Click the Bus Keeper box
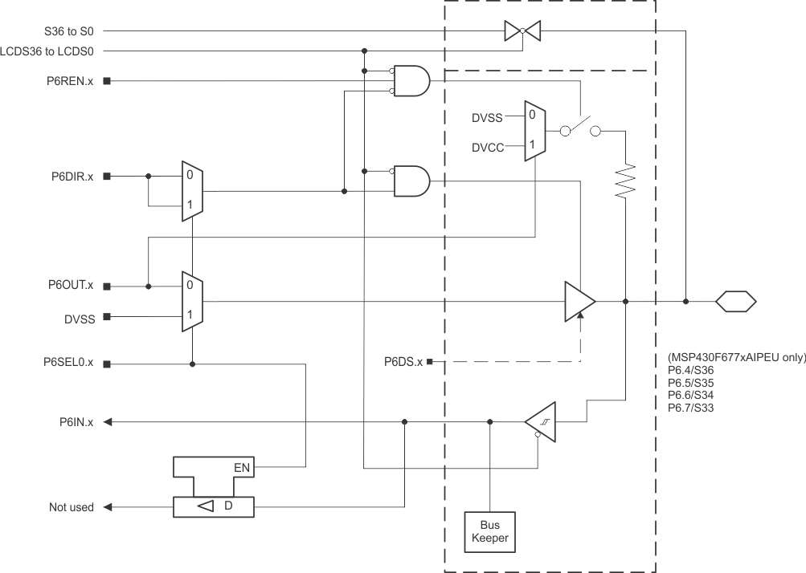[x=489, y=531]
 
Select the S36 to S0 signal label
[x=69, y=31]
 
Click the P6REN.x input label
[x=70, y=81]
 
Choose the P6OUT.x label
[x=70, y=286]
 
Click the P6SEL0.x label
[x=68, y=363]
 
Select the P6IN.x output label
[x=76, y=422]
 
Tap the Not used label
[x=71, y=507]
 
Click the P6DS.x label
[x=403, y=363]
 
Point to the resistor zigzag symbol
[x=625, y=182]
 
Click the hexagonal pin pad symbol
[x=736, y=302]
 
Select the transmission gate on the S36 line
[x=522, y=31]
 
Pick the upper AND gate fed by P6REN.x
[x=411, y=81]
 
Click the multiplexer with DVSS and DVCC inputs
[x=534, y=132]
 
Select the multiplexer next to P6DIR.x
[x=192, y=191]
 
